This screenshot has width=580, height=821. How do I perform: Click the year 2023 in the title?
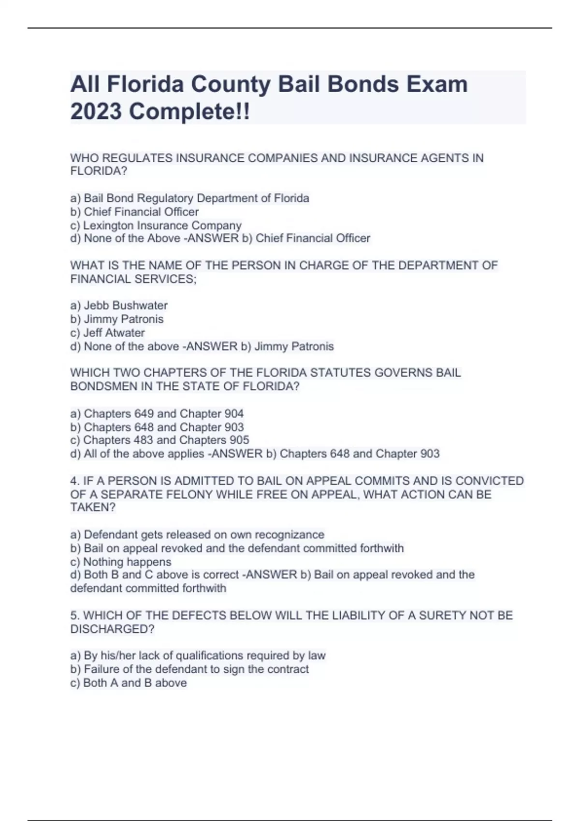[96, 112]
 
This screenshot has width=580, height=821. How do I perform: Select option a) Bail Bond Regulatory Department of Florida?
[189, 198]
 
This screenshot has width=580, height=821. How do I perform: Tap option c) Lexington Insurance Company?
[156, 225]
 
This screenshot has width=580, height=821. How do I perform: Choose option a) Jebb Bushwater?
[119, 305]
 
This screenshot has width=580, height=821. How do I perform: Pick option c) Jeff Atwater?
[107, 332]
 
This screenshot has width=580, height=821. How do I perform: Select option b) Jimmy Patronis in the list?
[117, 319]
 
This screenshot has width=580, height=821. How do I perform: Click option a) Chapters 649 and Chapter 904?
[157, 413]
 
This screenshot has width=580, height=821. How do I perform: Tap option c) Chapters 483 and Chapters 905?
[159, 440]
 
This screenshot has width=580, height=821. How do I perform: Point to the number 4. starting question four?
[75, 481]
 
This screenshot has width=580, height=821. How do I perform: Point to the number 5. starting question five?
[75, 615]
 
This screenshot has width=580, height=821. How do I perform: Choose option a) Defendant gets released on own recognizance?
[197, 535]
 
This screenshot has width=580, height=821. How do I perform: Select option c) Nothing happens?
[121, 562]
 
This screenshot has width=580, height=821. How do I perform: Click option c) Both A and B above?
[129, 682]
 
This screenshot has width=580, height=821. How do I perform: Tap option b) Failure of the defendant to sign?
[189, 669]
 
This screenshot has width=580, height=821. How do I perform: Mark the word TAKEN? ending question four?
[93, 507]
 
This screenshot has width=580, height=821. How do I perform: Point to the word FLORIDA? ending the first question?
[99, 171]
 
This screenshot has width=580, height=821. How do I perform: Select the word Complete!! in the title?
[189, 112]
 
